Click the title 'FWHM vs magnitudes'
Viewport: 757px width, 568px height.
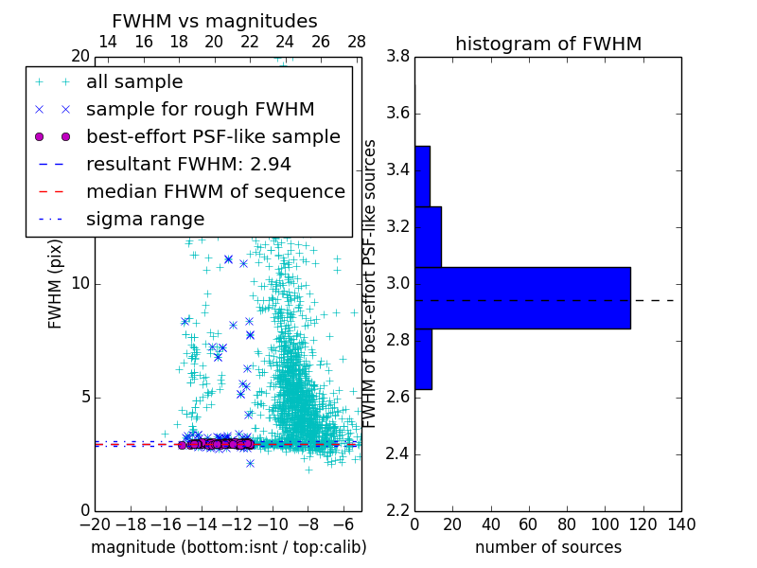coord(215,21)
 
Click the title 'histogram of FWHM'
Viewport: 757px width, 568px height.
coord(548,44)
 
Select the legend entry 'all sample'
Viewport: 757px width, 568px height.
coord(134,82)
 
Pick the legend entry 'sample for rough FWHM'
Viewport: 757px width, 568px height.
coord(200,110)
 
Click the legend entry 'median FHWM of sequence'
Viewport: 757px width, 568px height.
coord(215,192)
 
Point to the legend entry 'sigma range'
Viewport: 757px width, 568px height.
coord(145,220)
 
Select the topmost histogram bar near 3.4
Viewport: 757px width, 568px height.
coord(422,176)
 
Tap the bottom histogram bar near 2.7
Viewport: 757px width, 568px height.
coord(423,359)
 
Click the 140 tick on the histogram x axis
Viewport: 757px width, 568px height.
coord(680,524)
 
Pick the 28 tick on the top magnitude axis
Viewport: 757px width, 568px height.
coord(357,42)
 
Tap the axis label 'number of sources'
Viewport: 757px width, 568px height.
coord(548,547)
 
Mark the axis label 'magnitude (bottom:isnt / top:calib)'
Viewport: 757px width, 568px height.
coord(228,547)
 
